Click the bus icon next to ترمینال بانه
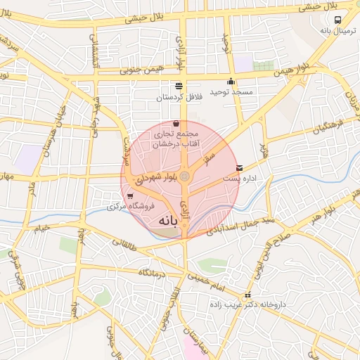(338, 20)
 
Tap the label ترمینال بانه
(335, 31)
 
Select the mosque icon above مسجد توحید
(231, 81)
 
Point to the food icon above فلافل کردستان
(178, 84)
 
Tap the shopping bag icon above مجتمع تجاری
(175, 123)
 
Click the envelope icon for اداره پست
(241, 168)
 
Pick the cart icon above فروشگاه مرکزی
(130, 195)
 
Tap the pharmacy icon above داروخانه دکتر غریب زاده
(247, 295)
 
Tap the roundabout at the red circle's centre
(185, 176)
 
